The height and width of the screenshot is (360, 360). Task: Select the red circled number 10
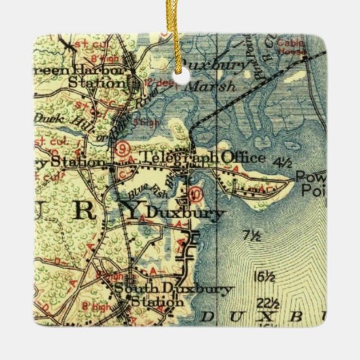pos(197,194)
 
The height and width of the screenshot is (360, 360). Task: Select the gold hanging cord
pos(180,34)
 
